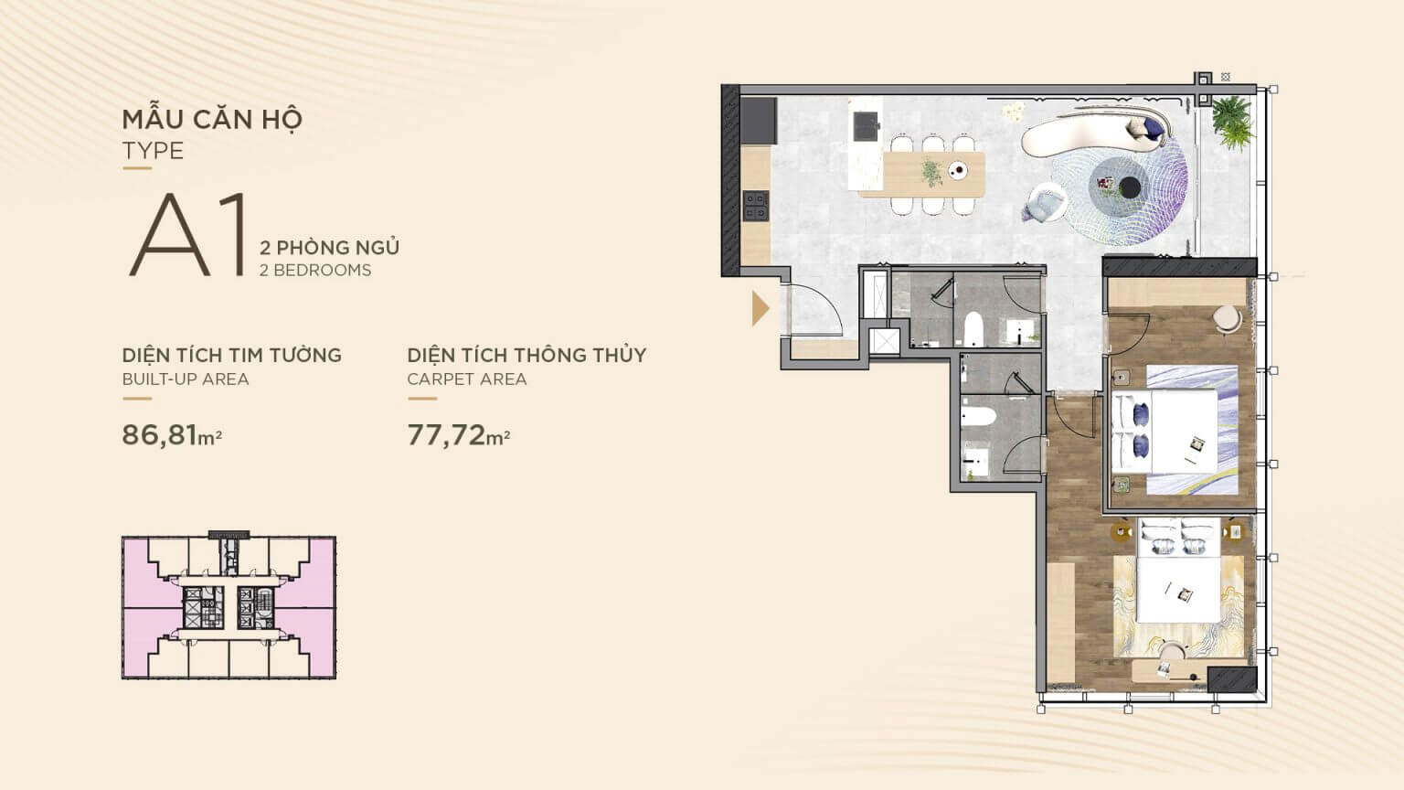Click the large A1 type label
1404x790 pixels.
click(x=186, y=234)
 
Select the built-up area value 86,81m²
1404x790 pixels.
click(x=172, y=434)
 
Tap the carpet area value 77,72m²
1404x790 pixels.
click(x=458, y=434)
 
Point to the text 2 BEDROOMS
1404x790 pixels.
click(x=315, y=271)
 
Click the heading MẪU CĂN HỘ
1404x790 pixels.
click(x=212, y=119)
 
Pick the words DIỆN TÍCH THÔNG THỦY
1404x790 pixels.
click(x=526, y=355)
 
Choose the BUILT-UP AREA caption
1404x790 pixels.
click(x=186, y=379)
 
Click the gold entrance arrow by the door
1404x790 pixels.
click(x=760, y=308)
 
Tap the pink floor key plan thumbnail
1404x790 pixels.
click(x=229, y=606)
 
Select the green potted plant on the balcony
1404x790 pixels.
click(x=1233, y=123)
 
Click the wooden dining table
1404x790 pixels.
click(x=921, y=174)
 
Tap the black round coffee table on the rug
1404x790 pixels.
click(x=1130, y=187)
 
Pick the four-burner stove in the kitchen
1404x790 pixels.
click(x=756, y=206)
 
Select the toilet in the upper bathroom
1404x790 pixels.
click(x=973, y=329)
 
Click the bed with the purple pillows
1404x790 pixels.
click(x=1165, y=432)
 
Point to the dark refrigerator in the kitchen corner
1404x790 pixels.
click(x=759, y=121)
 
